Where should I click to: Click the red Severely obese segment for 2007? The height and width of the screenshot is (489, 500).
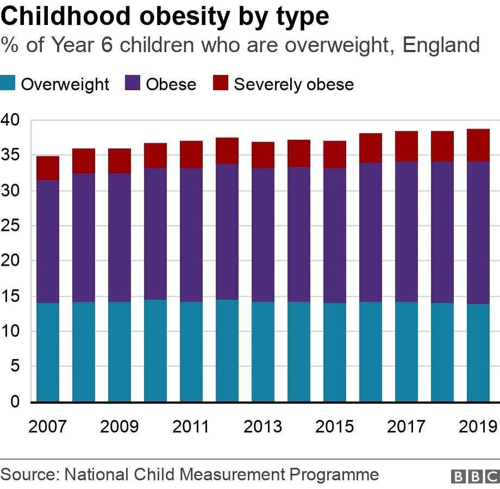tap(48, 168)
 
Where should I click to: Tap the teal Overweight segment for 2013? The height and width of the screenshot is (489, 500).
tap(263, 352)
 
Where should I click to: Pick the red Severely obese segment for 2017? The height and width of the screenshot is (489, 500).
tap(407, 146)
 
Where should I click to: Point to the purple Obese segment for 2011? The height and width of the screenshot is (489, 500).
tap(191, 235)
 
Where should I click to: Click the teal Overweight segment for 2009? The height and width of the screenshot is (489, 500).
tap(120, 352)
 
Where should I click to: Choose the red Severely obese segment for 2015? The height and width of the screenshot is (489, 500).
tap(335, 154)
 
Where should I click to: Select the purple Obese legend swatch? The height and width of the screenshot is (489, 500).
tap(133, 84)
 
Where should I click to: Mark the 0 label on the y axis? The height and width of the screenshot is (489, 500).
tap(16, 402)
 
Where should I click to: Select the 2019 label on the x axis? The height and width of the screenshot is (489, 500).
tap(478, 427)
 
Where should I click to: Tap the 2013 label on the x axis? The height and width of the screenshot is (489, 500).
tap(263, 427)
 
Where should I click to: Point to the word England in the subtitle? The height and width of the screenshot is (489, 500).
tap(441, 45)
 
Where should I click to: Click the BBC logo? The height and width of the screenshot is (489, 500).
tap(474, 476)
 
